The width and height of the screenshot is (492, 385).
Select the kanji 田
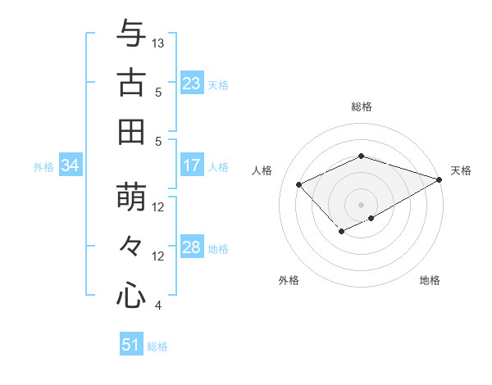tap(131, 131)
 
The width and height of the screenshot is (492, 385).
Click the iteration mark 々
tap(131, 246)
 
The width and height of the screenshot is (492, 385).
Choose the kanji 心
tap(131, 295)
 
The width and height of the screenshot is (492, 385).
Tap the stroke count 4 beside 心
tap(157, 306)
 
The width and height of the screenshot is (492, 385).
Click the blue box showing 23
tap(191, 83)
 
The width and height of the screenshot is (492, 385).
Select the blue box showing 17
tap(191, 165)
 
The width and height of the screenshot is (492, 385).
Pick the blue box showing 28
tap(191, 247)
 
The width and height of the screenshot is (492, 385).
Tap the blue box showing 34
tap(70, 165)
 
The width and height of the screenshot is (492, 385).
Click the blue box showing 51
tap(131, 345)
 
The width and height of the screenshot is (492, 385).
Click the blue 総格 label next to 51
tap(157, 346)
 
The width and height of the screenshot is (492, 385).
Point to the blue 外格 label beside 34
tap(43, 167)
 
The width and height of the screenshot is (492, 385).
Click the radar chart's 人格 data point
tap(299, 185)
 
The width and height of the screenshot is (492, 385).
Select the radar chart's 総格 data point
tap(361, 156)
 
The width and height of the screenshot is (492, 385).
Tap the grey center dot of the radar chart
tap(361, 204)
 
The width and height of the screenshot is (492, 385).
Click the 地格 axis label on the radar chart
tap(430, 280)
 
